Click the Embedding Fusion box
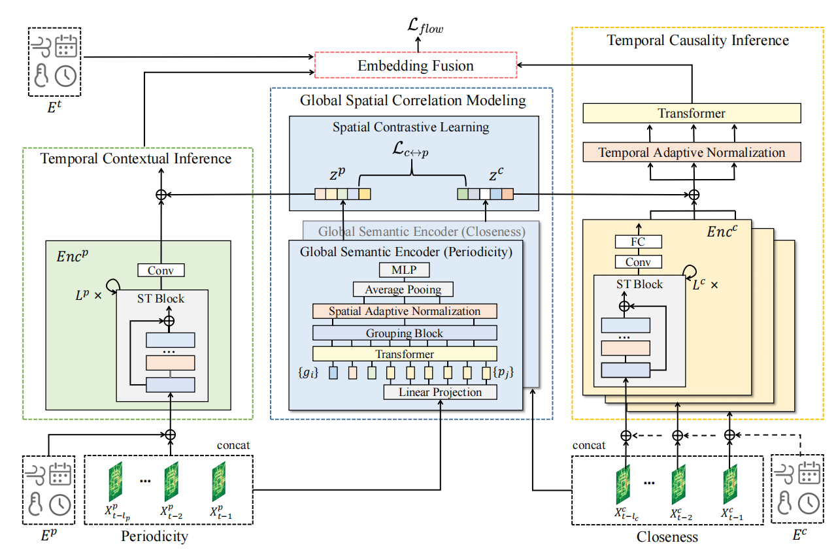(x=416, y=65)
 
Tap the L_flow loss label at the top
(x=424, y=27)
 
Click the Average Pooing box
(x=403, y=289)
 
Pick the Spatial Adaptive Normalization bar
(x=405, y=311)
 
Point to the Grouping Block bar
(x=405, y=333)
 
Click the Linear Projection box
(x=440, y=392)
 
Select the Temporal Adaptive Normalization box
(x=692, y=152)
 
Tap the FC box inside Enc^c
(x=638, y=242)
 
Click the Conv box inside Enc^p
(x=161, y=270)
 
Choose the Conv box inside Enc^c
(x=638, y=262)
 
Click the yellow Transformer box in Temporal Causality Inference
(x=692, y=114)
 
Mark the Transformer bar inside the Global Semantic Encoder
(x=405, y=354)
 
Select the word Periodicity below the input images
(x=154, y=537)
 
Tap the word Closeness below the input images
(x=667, y=537)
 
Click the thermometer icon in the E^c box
(x=785, y=502)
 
